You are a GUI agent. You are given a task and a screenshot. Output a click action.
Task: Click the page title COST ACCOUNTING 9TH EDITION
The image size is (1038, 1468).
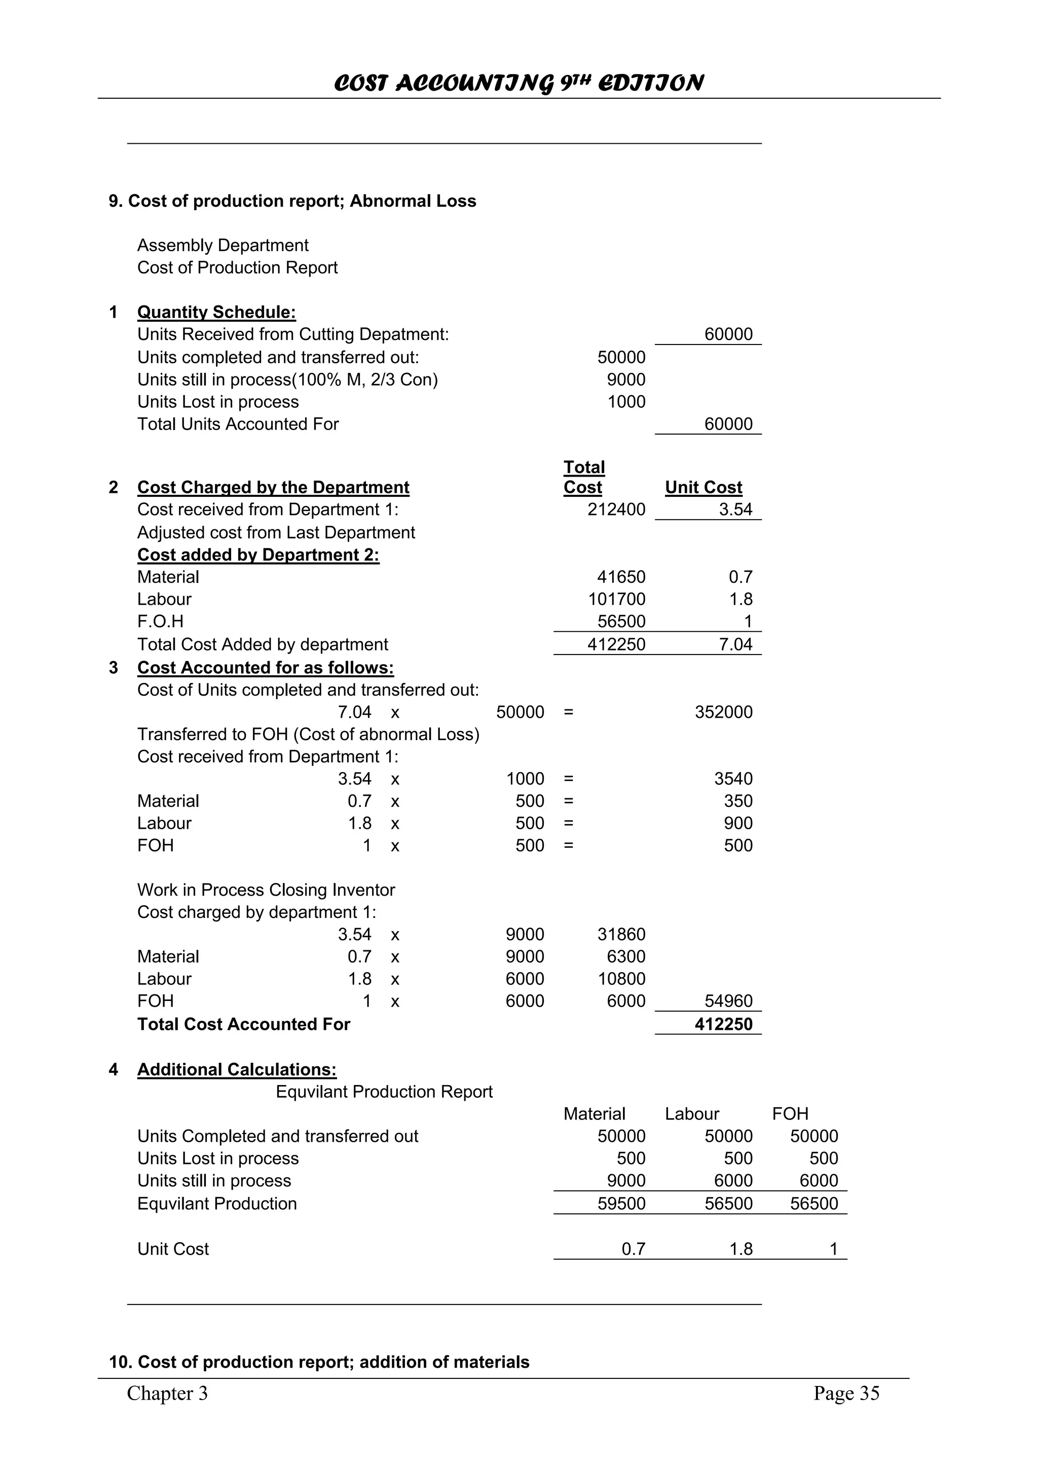tap(518, 83)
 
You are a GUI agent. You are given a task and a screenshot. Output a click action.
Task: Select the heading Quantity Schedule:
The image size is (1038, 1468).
tap(216, 312)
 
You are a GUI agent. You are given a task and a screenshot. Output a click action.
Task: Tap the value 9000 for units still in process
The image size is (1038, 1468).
tap(625, 380)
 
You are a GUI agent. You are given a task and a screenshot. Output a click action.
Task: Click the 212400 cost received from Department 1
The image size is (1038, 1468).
tap(616, 510)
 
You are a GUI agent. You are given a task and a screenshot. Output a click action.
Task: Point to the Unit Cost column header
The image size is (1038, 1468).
tap(703, 487)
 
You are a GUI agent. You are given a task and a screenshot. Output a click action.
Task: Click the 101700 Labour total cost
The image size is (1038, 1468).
tap(616, 599)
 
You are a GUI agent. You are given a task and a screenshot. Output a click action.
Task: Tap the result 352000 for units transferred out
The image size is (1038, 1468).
tap(723, 712)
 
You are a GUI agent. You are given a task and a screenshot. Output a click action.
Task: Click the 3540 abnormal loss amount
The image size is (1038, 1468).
tap(733, 779)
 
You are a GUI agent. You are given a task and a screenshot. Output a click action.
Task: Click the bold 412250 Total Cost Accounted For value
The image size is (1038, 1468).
tap(723, 1024)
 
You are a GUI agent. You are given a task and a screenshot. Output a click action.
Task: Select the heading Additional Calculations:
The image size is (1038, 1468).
tap(237, 1070)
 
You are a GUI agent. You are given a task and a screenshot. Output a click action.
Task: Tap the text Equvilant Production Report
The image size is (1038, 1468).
tap(384, 1092)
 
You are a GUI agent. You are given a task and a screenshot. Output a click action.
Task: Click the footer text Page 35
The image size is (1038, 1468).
tap(846, 1393)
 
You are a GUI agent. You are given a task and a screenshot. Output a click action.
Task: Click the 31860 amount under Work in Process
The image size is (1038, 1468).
tap(620, 935)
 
